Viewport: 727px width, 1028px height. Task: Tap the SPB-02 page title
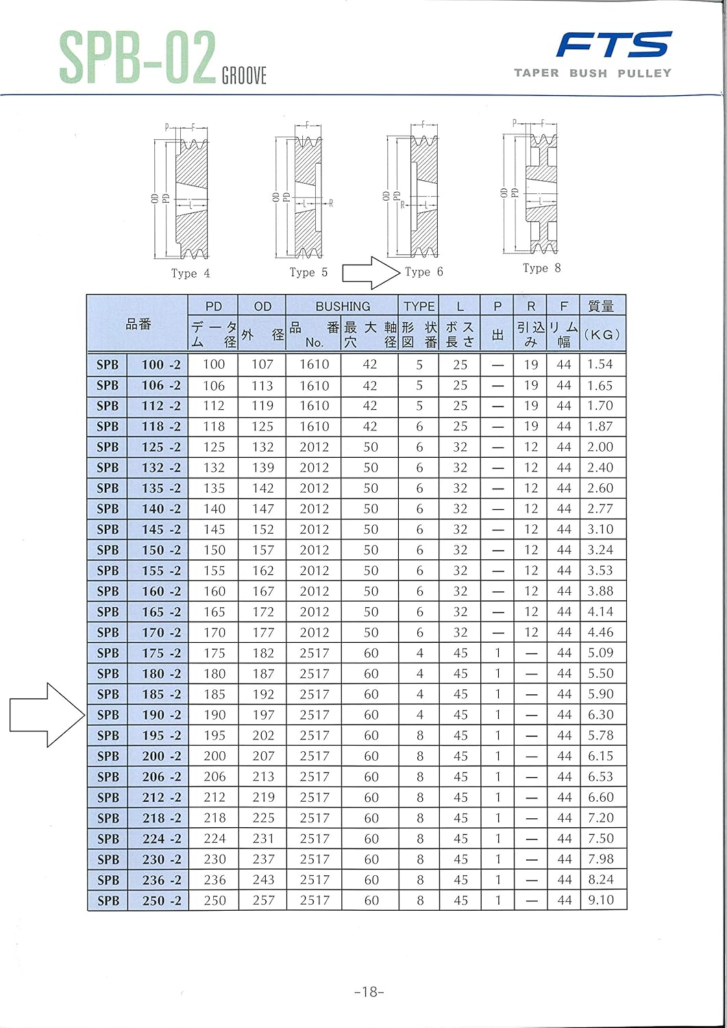[x=137, y=58]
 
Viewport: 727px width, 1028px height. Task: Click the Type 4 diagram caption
[x=190, y=273]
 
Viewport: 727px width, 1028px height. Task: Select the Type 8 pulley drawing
[x=541, y=188]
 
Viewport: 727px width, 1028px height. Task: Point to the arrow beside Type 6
[x=371, y=273]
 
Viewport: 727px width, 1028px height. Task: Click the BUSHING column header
[x=342, y=306]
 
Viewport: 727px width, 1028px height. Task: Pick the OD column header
[x=262, y=306]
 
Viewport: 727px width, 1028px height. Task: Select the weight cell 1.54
[x=600, y=365]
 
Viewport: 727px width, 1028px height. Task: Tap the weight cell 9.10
[x=601, y=900]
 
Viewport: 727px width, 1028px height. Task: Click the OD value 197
[x=263, y=715]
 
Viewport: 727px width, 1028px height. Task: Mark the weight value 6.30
[x=601, y=715]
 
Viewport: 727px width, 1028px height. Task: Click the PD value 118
[x=214, y=426]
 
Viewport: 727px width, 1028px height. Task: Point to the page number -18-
[x=369, y=992]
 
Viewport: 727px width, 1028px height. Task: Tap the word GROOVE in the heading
[x=244, y=75]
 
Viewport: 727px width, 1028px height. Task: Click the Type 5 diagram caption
[x=308, y=273]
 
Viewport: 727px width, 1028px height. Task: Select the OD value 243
[x=263, y=879]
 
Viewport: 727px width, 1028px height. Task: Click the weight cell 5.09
[x=601, y=653]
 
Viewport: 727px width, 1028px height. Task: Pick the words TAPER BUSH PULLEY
[x=593, y=73]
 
